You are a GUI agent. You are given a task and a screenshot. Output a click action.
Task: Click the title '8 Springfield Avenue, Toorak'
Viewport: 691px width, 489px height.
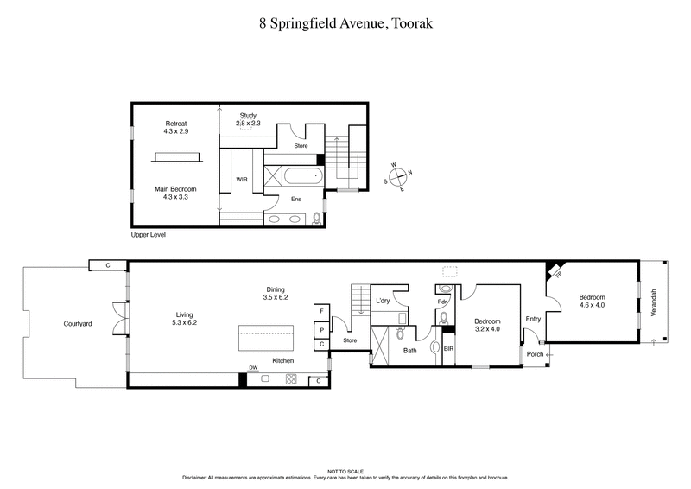pos(345,24)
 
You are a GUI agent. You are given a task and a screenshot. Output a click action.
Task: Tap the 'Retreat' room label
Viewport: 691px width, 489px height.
pos(176,128)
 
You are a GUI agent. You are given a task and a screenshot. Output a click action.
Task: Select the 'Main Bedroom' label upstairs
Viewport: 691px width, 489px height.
pos(176,193)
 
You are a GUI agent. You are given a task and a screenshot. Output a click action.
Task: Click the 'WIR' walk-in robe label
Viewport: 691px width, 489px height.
pos(242,180)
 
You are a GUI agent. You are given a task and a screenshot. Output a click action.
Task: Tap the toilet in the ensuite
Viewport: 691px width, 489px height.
pos(316,219)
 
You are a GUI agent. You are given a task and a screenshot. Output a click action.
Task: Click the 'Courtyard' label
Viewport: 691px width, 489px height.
pos(78,324)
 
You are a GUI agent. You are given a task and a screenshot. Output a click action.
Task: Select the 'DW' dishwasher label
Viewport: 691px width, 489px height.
pos(253,368)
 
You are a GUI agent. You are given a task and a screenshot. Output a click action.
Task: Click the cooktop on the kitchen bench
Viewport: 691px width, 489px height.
pos(291,378)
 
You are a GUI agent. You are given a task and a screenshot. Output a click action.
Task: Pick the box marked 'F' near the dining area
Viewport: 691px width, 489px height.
pos(321,310)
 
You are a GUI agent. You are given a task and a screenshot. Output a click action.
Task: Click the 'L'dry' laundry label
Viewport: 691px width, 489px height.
pos(384,301)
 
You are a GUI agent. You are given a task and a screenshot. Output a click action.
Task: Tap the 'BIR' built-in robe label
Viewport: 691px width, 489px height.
pos(449,349)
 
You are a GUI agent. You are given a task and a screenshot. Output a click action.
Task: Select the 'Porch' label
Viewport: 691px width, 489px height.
pos(533,353)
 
